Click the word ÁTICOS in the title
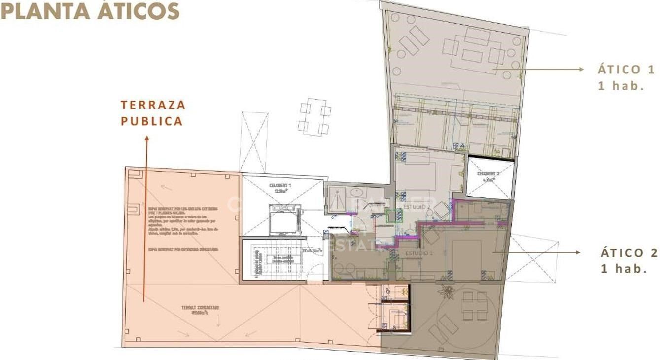click(x=138, y=11)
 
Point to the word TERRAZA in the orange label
click(x=153, y=105)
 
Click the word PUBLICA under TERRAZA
click(x=152, y=121)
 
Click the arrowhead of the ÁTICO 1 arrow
click(x=581, y=70)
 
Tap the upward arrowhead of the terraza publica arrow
click(x=146, y=139)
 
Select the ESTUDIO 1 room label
click(x=418, y=253)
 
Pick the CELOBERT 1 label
click(x=280, y=186)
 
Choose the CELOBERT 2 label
click(x=489, y=174)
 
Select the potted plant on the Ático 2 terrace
click(x=447, y=290)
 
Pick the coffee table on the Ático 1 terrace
click(x=472, y=56)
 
